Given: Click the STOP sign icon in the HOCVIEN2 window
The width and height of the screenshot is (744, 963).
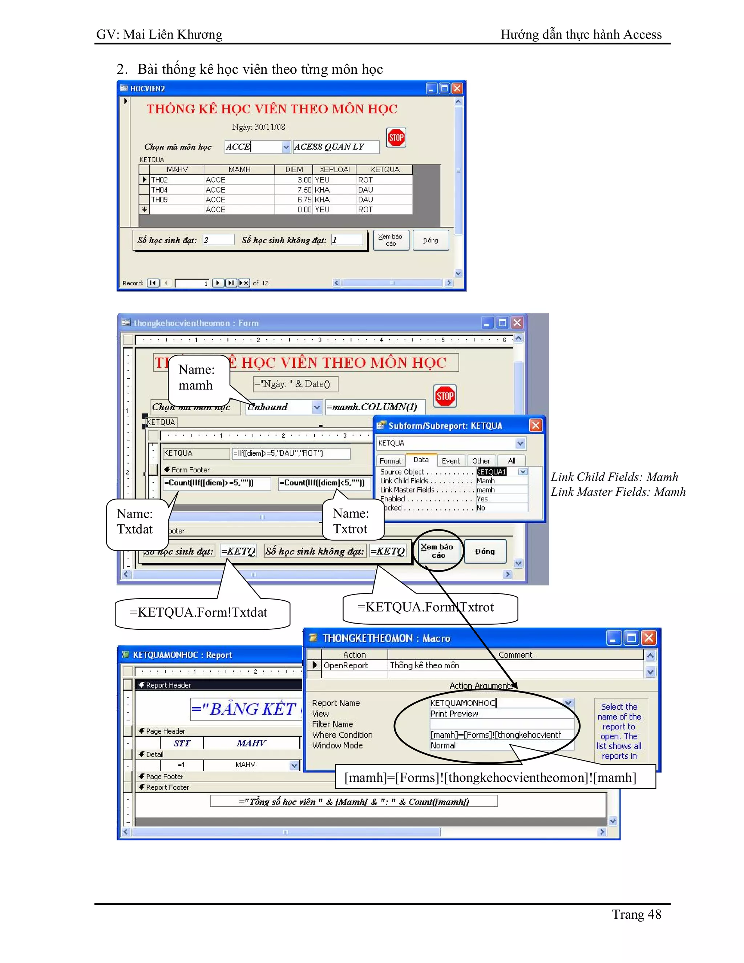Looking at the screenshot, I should tap(396, 138).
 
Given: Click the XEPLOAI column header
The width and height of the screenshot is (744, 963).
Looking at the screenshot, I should tap(335, 169).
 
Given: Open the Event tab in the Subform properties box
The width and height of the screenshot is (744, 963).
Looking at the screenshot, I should tap(450, 461).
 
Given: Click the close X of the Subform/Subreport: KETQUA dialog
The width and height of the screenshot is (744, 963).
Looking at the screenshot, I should tap(535, 425).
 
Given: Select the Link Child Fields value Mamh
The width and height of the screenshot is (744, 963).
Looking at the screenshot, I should tap(501, 481).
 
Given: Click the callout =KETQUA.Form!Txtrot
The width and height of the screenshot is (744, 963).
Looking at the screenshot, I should tap(425, 608).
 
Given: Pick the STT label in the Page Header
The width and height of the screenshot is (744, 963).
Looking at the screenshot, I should tap(182, 743).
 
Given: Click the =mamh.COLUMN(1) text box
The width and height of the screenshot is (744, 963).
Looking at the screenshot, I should tap(374, 407).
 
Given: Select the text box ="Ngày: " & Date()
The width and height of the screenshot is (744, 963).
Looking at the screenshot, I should tap(295, 384).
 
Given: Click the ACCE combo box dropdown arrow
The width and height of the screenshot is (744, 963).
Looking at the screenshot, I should tap(286, 147).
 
